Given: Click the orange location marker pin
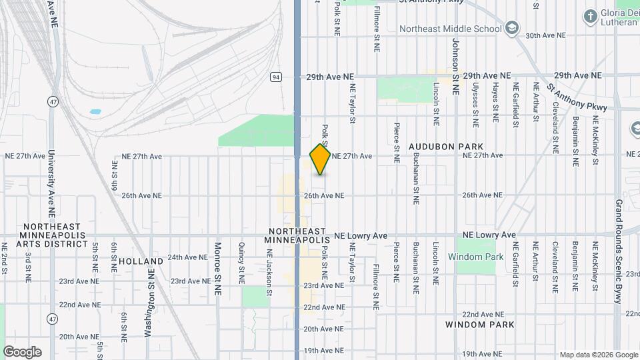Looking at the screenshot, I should click(x=321, y=159).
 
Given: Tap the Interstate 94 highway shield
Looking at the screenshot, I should click(x=275, y=77).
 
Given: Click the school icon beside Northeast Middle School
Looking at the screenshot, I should click(x=511, y=28).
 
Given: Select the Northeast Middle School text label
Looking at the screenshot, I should click(x=450, y=29).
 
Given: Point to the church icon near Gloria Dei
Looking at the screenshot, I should click(x=590, y=15).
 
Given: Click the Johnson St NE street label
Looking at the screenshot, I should click(x=456, y=67).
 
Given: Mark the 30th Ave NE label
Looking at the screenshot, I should click(x=545, y=35).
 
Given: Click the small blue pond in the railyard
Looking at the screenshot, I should click(x=95, y=111).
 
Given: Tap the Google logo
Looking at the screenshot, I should click(x=22, y=351).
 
